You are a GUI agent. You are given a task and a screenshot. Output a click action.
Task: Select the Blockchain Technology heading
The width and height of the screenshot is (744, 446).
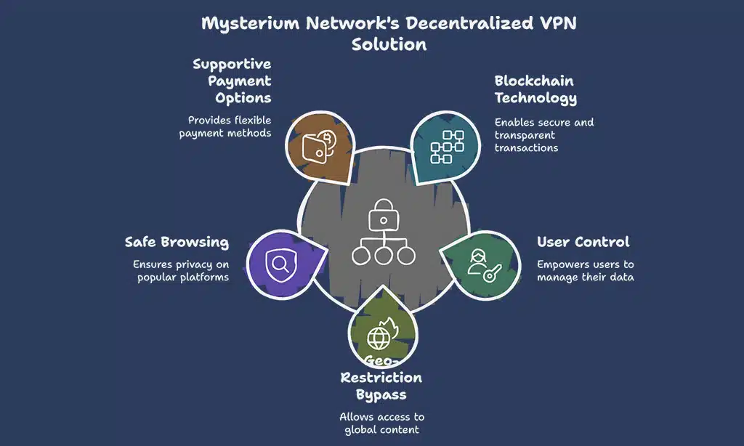535,89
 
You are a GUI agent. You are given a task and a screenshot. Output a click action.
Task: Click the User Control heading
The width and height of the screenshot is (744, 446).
583,242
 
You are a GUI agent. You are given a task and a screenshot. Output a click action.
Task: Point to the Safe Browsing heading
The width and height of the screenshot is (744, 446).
177,242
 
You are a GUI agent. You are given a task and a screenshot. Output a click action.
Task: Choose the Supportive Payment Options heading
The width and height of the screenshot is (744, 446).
232,81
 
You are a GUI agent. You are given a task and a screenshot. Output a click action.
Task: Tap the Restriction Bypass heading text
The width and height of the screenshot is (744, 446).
381,386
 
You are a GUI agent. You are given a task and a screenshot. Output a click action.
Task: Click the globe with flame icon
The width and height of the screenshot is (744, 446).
381,336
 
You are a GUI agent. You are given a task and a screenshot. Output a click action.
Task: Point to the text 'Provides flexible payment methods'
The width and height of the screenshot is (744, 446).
225,127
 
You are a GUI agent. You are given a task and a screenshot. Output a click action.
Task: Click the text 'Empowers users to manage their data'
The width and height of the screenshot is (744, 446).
585,271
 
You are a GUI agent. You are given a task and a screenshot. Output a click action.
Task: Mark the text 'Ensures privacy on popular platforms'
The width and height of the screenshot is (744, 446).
180,271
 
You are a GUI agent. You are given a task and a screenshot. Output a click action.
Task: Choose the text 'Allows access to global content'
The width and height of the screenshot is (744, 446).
381,423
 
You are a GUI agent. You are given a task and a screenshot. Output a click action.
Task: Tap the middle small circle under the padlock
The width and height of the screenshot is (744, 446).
383,255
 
